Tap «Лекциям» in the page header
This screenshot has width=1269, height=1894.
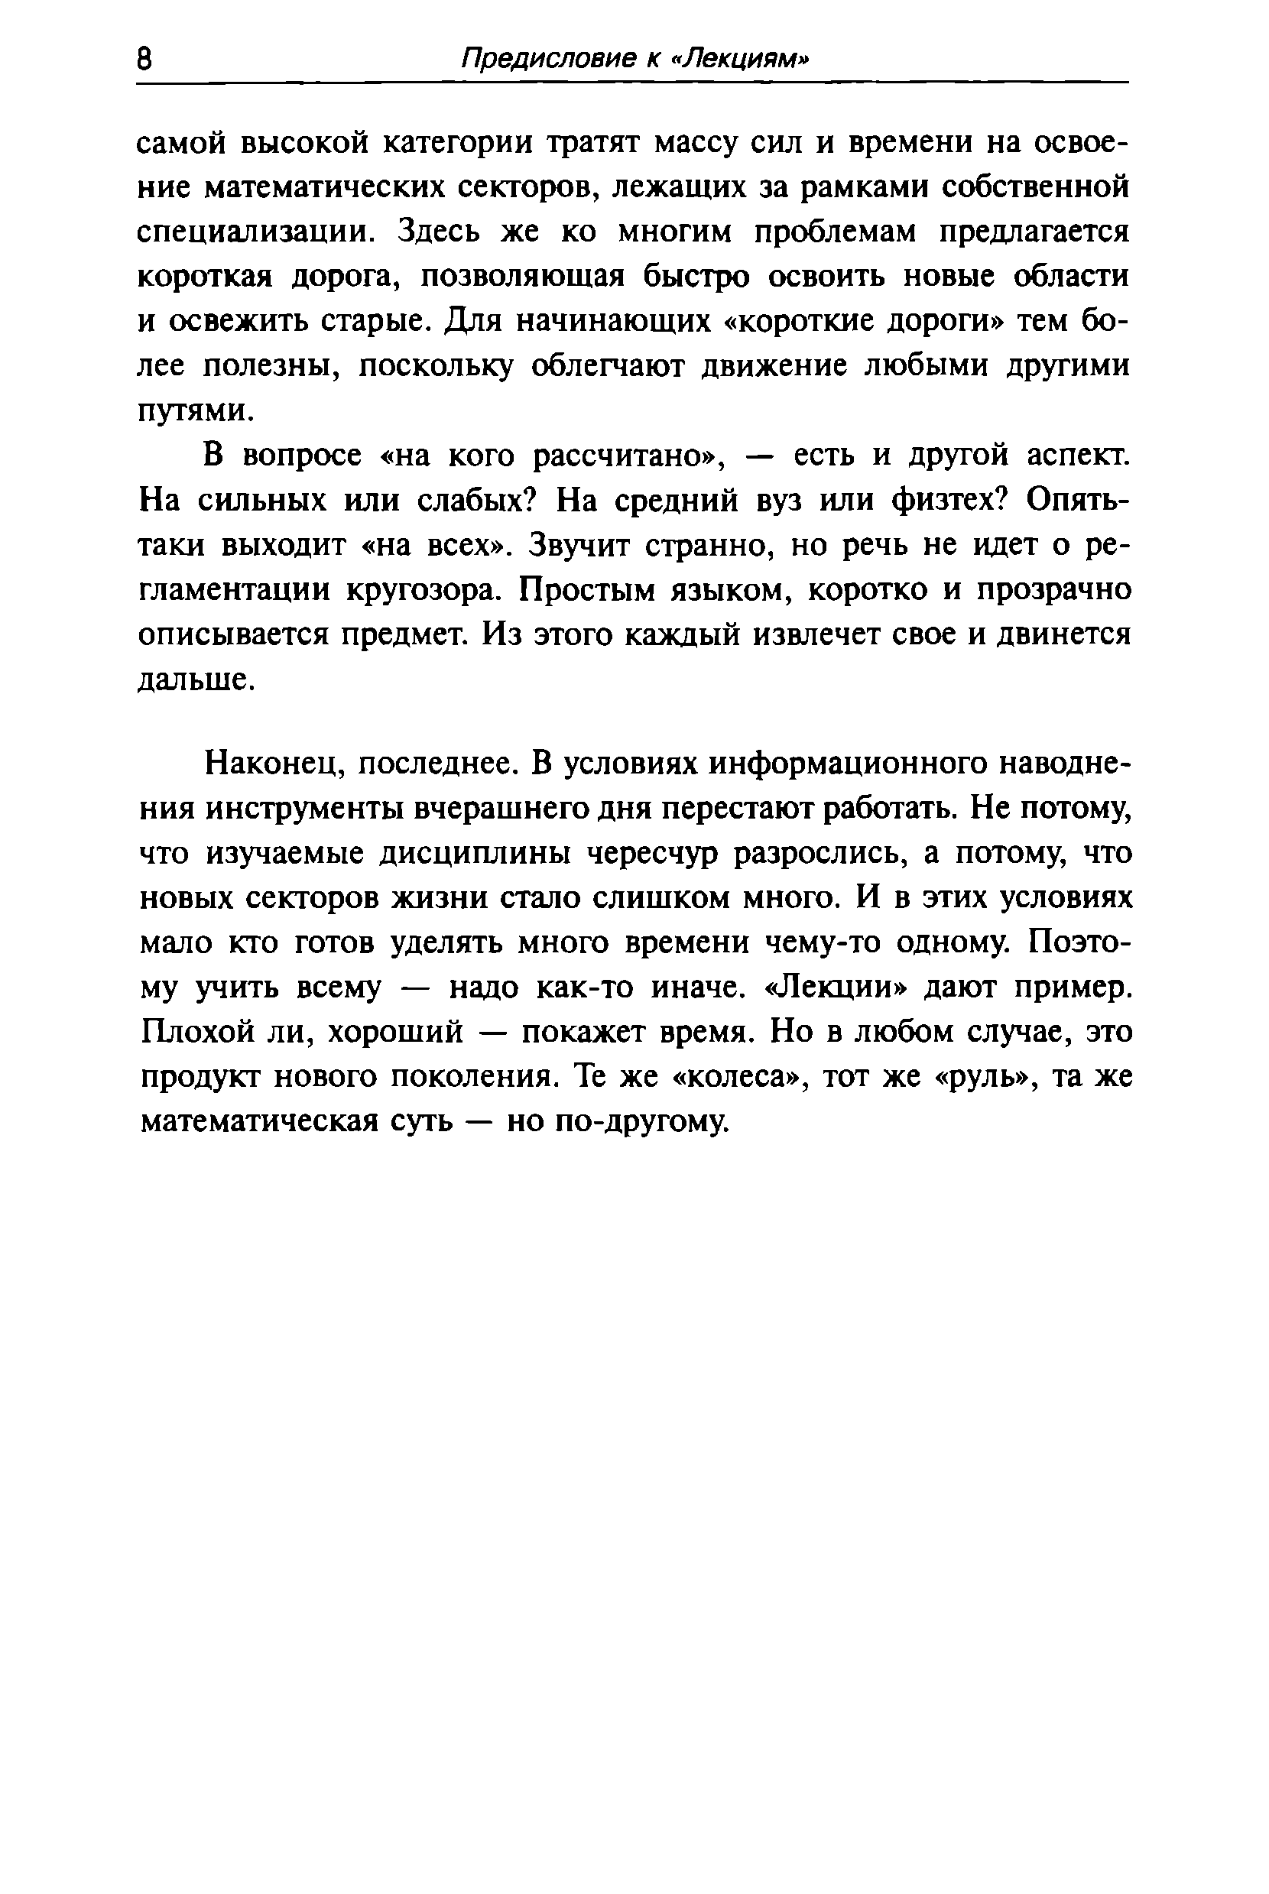pyautogui.click(x=742, y=58)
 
